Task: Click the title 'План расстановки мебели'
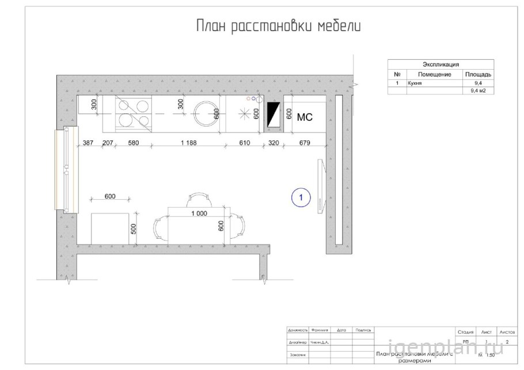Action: (x=278, y=26)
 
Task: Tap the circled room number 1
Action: (x=301, y=197)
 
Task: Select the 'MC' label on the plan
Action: (x=304, y=117)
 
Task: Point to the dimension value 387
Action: (x=88, y=143)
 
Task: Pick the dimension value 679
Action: (x=305, y=143)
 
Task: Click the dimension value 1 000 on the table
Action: (x=199, y=213)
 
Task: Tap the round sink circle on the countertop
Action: (x=204, y=113)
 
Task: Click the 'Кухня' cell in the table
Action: (x=415, y=83)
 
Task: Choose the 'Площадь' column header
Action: (x=477, y=75)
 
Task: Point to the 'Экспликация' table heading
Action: (x=441, y=65)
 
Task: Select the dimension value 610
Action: (x=245, y=143)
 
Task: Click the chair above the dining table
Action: (x=196, y=199)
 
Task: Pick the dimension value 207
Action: (x=108, y=143)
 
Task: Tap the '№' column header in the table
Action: (x=397, y=75)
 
